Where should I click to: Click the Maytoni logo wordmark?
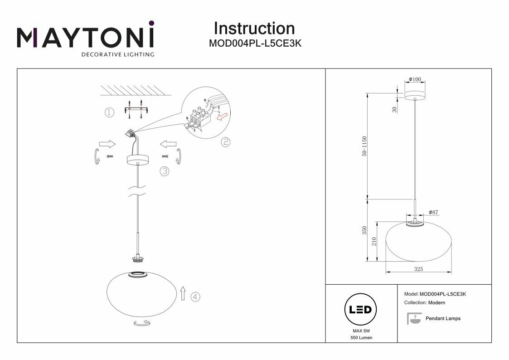[x=86, y=37]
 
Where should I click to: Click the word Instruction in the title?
[x=254, y=28]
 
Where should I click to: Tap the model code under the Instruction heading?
[x=255, y=44]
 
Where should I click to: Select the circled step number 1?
[x=109, y=112]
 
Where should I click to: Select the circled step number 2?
[x=225, y=142]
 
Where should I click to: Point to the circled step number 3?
[x=164, y=171]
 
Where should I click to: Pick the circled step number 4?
[x=195, y=297]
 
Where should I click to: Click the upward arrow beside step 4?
[x=182, y=293]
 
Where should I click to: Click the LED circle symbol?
[x=361, y=310]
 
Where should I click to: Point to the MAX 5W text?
[x=361, y=331]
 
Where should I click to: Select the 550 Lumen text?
[x=361, y=338]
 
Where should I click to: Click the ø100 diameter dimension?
[x=415, y=79]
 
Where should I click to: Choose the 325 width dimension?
[x=418, y=269]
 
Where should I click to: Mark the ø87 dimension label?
[x=434, y=213]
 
